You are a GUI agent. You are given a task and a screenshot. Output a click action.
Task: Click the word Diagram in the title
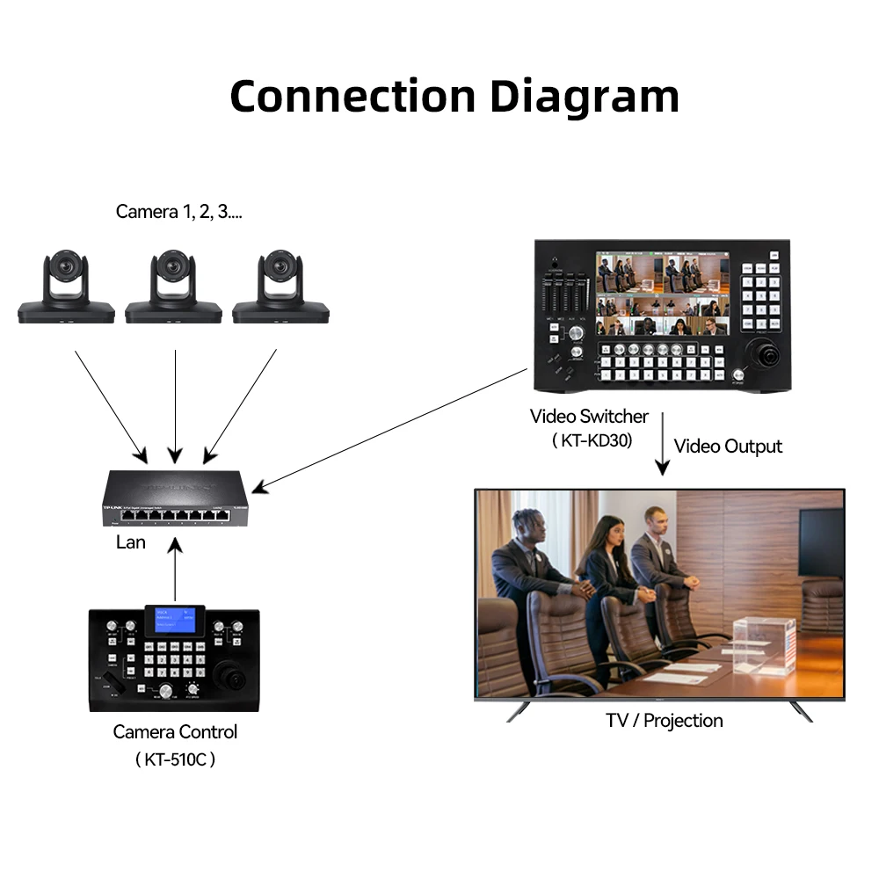click(x=584, y=97)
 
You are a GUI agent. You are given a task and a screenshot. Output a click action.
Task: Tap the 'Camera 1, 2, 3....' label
click(x=179, y=212)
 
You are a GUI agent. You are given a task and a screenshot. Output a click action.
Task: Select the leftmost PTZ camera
click(x=66, y=286)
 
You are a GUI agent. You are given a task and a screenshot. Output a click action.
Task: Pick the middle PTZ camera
click(x=173, y=286)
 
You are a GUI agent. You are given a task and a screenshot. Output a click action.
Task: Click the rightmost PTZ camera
click(x=280, y=286)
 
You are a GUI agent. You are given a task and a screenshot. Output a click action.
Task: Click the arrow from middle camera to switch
click(x=175, y=404)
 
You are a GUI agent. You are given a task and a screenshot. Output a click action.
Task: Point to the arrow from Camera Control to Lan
click(x=175, y=571)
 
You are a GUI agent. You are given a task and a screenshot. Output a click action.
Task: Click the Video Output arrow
click(x=663, y=444)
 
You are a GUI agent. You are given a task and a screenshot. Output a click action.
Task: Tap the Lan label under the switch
click(x=131, y=542)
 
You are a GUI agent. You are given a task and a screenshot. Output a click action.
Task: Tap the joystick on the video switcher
click(x=763, y=355)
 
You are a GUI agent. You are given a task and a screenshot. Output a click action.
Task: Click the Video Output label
click(x=728, y=447)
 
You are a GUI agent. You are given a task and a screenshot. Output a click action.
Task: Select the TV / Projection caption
click(x=665, y=721)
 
